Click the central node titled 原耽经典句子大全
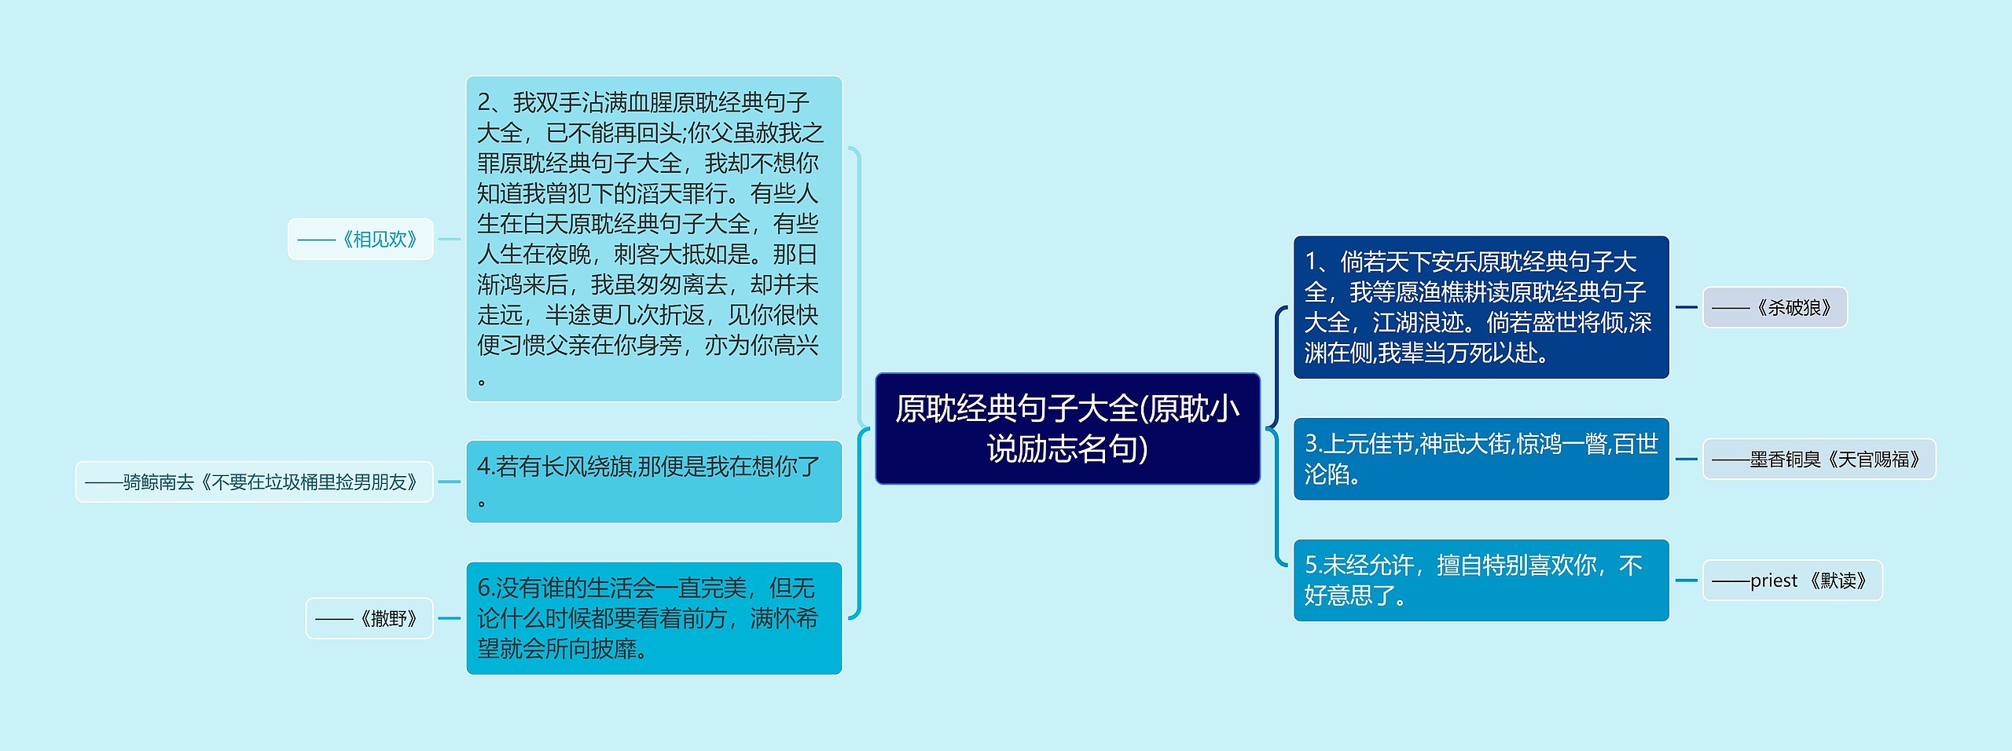point(1067,428)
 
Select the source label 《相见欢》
point(361,239)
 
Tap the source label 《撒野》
point(369,618)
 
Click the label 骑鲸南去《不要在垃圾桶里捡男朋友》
point(254,482)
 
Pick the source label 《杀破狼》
point(1775,307)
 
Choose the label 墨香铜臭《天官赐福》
point(1819,459)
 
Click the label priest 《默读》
point(1792,581)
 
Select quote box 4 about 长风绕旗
point(654,482)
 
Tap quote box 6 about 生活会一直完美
point(654,618)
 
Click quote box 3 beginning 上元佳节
point(1481,459)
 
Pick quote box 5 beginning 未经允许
point(1481,581)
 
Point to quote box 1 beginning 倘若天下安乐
point(1481,307)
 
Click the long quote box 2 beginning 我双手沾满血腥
point(654,239)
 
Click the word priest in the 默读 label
point(1773,581)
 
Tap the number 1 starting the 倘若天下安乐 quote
point(1311,261)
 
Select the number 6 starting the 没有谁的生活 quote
point(484,588)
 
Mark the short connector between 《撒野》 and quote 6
point(449,618)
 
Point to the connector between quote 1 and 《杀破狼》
point(1686,307)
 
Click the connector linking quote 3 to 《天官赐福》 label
point(1686,459)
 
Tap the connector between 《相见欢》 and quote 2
point(449,239)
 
